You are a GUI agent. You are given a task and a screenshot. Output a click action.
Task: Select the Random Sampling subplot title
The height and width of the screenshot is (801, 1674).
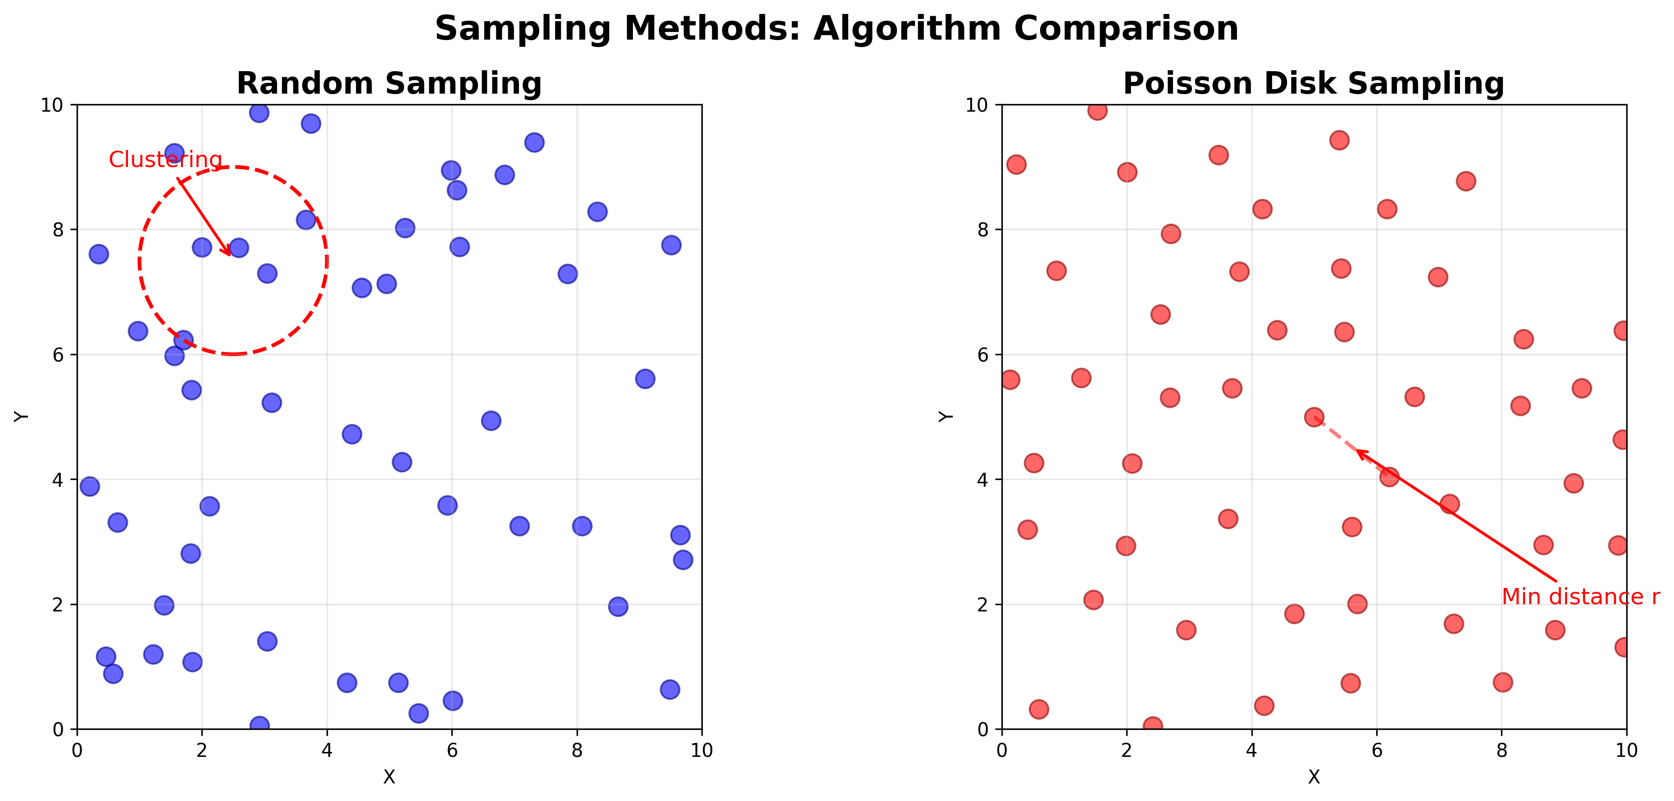tap(389, 84)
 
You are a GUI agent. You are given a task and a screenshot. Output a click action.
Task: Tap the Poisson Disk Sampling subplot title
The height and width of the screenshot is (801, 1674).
tap(1313, 84)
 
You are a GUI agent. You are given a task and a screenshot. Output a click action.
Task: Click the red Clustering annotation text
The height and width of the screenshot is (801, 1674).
tap(165, 160)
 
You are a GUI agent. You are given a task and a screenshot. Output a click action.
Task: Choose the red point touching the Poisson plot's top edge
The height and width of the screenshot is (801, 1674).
tap(1097, 110)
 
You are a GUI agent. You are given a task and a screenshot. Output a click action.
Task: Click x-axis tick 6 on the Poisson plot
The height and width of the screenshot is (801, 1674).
tap(1376, 750)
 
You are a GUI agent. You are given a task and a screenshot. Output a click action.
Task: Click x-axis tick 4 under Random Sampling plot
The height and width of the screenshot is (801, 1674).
tap(327, 750)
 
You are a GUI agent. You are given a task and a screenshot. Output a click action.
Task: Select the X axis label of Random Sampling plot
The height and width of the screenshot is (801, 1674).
tap(389, 777)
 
